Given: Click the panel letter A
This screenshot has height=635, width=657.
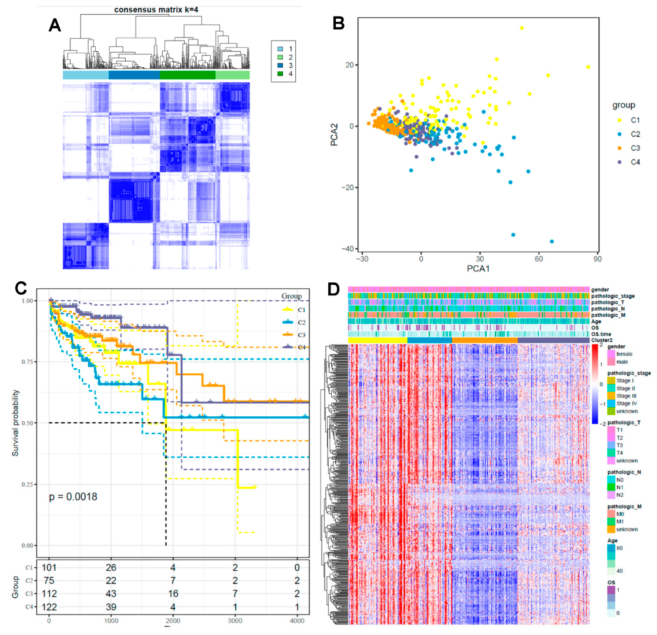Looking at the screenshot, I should (x=55, y=25).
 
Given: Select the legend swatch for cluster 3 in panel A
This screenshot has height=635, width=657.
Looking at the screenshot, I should (x=280, y=65).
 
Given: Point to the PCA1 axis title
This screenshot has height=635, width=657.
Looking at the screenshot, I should (x=478, y=269).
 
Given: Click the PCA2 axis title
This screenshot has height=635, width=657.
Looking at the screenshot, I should (x=334, y=135).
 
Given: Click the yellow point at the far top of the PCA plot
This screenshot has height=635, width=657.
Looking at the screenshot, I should (x=522, y=28).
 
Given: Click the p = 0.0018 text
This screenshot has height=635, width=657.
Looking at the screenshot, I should (x=73, y=497).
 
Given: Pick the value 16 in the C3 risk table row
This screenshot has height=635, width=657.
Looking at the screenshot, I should (x=173, y=594).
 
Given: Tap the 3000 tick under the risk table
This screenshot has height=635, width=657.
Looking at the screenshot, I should (x=235, y=621).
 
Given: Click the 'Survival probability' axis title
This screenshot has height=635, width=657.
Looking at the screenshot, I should (x=15, y=423).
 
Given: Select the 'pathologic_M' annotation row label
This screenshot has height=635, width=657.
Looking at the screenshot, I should (x=608, y=315).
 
